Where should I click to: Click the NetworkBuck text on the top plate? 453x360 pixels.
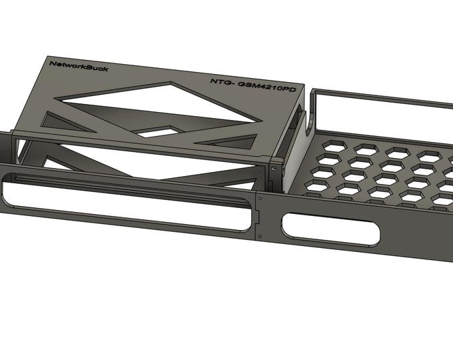coord(79,66)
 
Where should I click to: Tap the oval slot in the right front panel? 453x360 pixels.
coord(331,229)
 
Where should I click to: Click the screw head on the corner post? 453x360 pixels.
coord(274,169)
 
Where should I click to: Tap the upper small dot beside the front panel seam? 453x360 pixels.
coord(260,198)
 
